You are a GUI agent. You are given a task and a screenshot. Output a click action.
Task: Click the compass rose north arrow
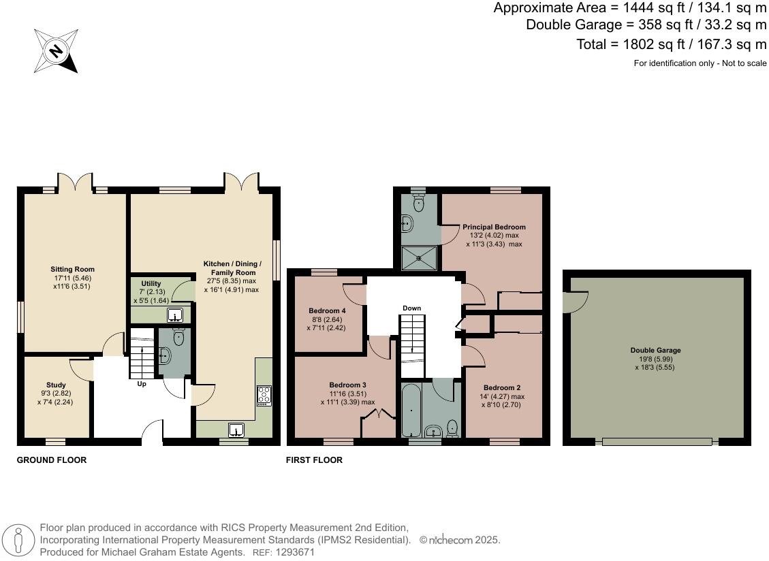56,50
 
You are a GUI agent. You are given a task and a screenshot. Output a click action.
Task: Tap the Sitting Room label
72,270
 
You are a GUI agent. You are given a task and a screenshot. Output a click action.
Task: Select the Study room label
57,385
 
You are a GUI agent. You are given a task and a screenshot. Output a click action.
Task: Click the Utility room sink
174,315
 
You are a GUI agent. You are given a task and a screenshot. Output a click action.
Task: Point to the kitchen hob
264,395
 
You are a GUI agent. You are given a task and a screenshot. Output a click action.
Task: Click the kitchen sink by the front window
236,430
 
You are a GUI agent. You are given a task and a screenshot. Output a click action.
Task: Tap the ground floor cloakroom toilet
178,337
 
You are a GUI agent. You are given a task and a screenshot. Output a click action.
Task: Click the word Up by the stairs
142,384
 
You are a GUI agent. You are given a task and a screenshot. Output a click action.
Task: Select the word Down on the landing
411,308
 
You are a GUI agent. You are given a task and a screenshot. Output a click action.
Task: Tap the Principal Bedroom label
494,227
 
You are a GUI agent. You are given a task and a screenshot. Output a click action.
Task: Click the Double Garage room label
655,351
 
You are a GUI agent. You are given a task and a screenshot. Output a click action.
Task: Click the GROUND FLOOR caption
52,460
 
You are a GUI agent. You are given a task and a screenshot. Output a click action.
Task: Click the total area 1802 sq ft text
671,44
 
